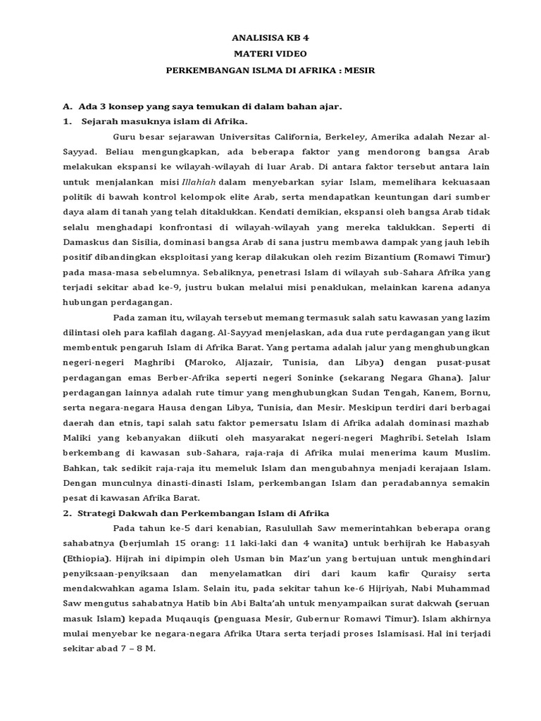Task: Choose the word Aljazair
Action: coord(263,363)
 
